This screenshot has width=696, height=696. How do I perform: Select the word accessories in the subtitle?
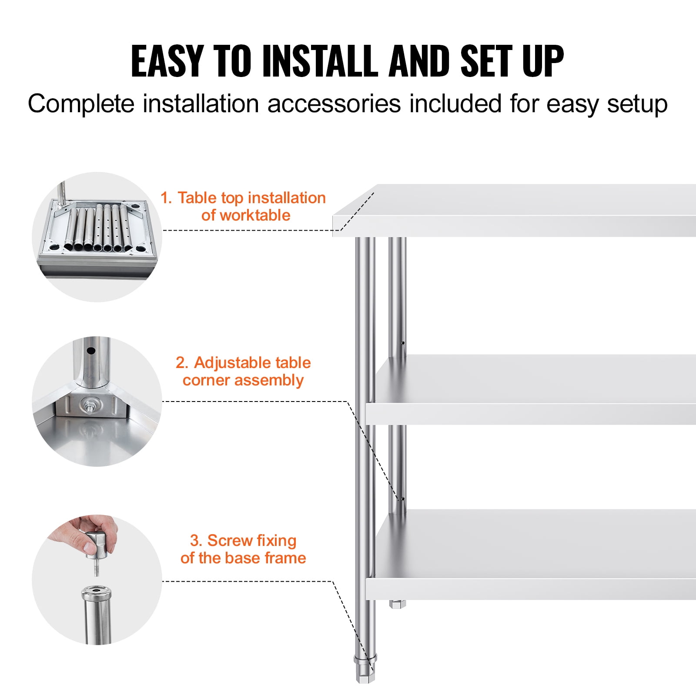pos(334,104)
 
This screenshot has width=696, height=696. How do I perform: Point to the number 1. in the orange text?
pos(166,198)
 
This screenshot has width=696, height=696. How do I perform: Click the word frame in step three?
pos(285,558)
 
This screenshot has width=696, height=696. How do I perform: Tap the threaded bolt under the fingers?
pos(97,568)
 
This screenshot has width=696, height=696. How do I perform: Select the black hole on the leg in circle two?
pos(91,351)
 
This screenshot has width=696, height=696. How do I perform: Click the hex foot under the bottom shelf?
pos(397,604)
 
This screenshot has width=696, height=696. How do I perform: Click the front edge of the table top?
pos(513,226)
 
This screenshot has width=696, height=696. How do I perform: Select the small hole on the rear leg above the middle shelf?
pos(403,343)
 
